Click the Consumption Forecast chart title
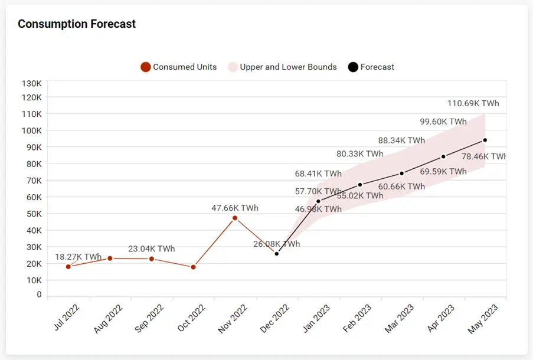point(77,24)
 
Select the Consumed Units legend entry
point(179,67)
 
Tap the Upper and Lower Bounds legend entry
point(282,67)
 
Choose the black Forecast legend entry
point(371,67)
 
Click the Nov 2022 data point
point(235,218)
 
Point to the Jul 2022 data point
point(68,267)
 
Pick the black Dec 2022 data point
point(277,254)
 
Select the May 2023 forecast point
point(485,140)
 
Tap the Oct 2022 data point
point(193,267)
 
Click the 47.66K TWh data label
point(235,208)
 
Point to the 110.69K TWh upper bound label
point(473,103)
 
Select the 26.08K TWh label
point(276,244)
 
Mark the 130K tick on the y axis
point(31,83)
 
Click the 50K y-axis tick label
point(31,214)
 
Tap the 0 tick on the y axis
point(39,294)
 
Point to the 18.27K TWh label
point(79,257)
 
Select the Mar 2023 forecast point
point(401,174)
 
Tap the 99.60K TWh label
point(443,122)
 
